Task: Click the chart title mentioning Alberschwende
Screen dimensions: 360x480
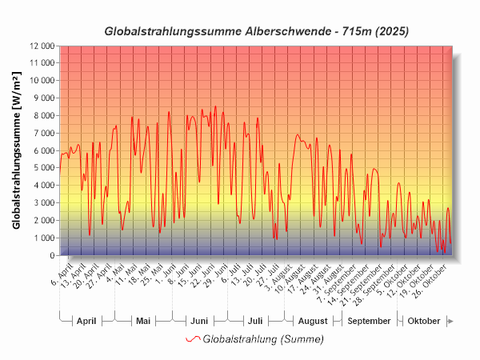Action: (257, 31)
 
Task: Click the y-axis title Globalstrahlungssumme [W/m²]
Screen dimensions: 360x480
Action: (17, 150)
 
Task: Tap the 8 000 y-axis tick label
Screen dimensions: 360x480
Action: (43, 115)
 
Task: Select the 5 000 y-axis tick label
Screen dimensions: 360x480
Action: (43, 168)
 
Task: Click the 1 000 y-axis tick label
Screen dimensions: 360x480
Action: (43, 238)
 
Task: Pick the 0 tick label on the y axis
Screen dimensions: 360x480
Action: (51, 256)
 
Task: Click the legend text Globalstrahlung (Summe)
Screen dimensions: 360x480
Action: (263, 339)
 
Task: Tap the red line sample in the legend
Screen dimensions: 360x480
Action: (193, 339)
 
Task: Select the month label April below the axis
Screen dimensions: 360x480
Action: (86, 321)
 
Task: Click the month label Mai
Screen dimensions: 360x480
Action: (143, 321)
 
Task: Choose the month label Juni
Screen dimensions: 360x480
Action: (199, 321)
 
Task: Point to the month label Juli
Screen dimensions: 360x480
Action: (255, 321)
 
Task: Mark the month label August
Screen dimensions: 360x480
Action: (313, 321)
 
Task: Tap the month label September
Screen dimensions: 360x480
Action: (370, 321)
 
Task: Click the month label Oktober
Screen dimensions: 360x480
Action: (424, 321)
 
